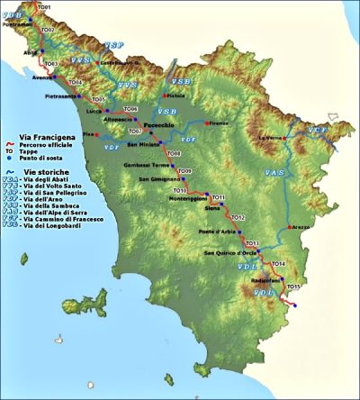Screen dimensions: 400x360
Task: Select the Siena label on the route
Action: click(213, 208)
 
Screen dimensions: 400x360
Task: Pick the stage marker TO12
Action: click(238, 217)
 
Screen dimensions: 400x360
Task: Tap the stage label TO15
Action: click(292, 286)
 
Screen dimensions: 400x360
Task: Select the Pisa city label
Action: click(87, 133)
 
